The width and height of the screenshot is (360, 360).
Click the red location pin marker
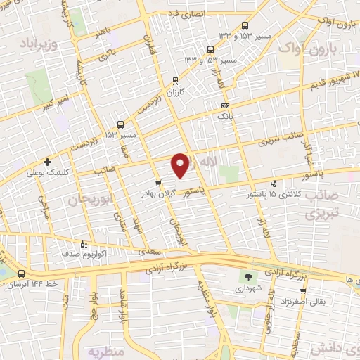[181, 165]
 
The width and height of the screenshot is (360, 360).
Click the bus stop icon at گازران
[175, 81]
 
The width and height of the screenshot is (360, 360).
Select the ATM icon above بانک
[225, 104]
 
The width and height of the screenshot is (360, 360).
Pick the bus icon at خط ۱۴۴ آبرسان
[22, 274]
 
